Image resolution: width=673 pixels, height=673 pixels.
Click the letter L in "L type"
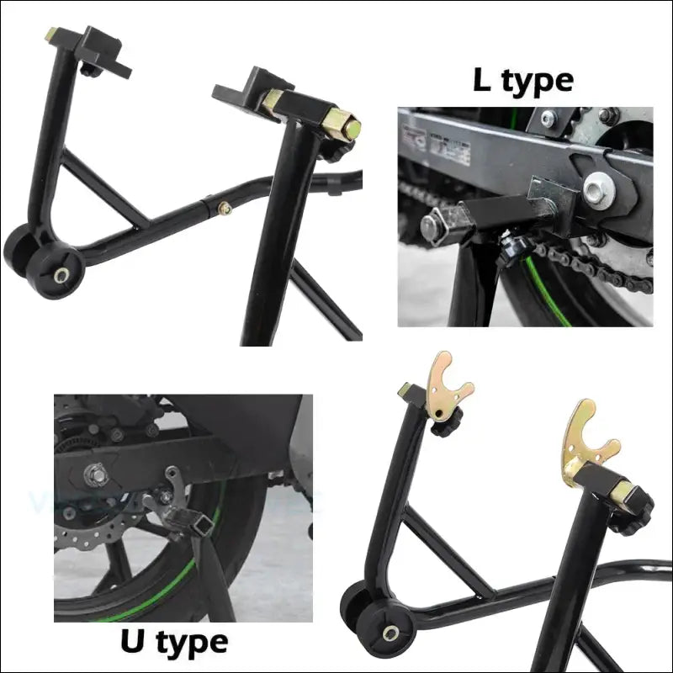(x=482, y=80)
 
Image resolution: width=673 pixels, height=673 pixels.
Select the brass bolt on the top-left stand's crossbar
(x=225, y=209)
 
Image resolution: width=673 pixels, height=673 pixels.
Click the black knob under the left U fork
(x=447, y=424)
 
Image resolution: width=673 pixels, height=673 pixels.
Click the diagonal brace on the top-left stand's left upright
(x=104, y=188)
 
